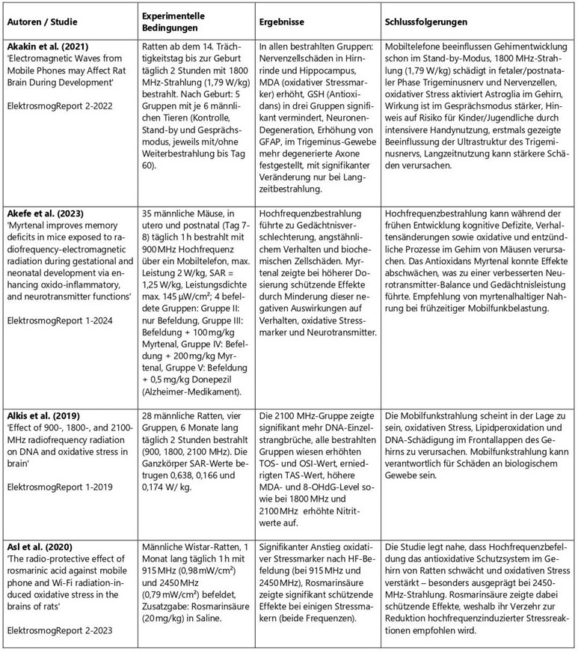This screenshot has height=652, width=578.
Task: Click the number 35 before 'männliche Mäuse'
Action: pyautogui.click(x=147, y=213)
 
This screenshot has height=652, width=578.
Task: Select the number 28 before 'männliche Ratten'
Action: pyautogui.click(x=147, y=412)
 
